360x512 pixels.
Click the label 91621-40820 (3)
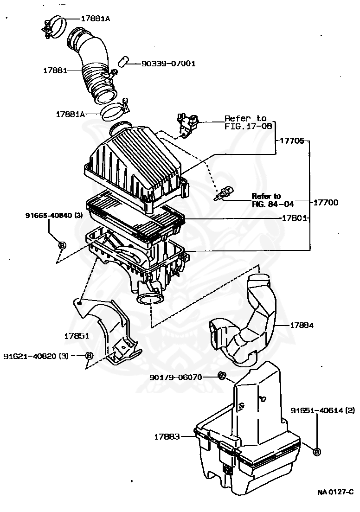pyautogui.click(x=36, y=356)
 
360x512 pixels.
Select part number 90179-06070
pyautogui.click(x=176, y=377)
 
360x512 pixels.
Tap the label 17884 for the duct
pyautogui.click(x=302, y=325)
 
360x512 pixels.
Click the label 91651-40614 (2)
pyautogui.click(x=323, y=410)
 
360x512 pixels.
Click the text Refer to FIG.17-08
pyautogui.click(x=246, y=122)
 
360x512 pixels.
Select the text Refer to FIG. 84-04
pyautogui.click(x=273, y=200)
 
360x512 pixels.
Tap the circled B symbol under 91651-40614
pyautogui.click(x=317, y=452)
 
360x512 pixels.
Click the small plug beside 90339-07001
pyautogui.click(x=122, y=61)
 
